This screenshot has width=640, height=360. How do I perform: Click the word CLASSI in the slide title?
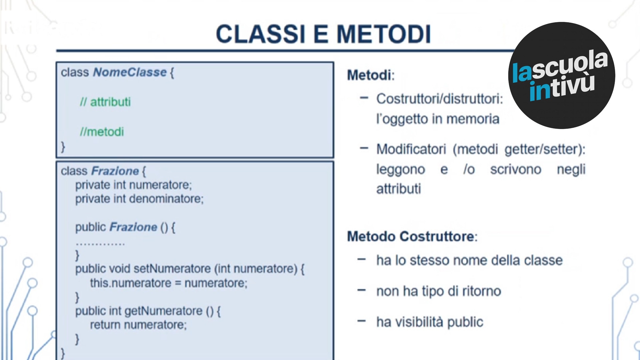(x=260, y=34)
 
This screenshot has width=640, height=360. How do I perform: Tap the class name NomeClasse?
(x=130, y=72)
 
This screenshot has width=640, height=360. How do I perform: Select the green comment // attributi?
(x=105, y=102)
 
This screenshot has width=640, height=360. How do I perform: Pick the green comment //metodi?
(x=102, y=132)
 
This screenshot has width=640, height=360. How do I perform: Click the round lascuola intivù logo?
(x=562, y=75)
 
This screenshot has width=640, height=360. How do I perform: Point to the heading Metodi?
(x=371, y=75)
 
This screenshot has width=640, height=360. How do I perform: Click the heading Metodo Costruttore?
(x=412, y=237)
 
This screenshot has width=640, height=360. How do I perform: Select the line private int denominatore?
(x=139, y=199)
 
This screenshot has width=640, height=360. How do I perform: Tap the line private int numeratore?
(x=133, y=185)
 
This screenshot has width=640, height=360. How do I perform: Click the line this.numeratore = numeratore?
(x=169, y=283)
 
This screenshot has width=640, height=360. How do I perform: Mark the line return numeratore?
(x=138, y=325)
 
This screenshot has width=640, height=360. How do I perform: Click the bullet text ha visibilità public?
(x=430, y=322)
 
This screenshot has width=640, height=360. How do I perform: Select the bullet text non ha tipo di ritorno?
(x=439, y=291)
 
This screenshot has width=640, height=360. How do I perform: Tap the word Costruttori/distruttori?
(x=439, y=99)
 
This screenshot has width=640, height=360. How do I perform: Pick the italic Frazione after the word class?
(x=115, y=171)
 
